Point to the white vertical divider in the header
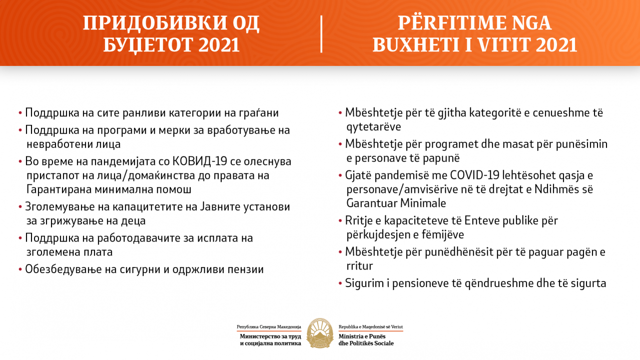tap(321, 34)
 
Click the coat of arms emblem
tap(320, 332)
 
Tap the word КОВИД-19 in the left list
tap(198, 161)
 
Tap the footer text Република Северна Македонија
tap(269, 326)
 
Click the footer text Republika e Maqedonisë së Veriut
tap(371, 326)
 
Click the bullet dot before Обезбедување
tap(20, 269)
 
